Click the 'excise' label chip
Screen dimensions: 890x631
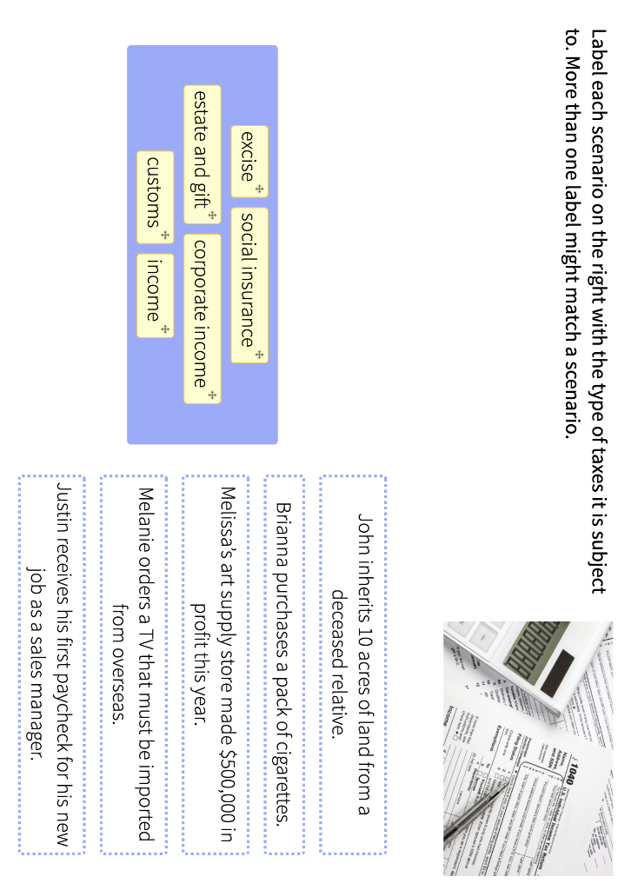pyautogui.click(x=249, y=161)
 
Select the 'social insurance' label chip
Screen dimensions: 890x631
pyautogui.click(x=249, y=283)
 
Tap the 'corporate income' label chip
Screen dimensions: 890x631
pyautogui.click(x=202, y=316)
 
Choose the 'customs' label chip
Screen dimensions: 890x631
pyautogui.click(x=155, y=196)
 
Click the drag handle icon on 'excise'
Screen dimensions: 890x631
pyautogui.click(x=259, y=189)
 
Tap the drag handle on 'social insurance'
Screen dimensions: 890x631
pyautogui.click(x=259, y=355)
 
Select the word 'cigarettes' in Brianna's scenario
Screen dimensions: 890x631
pyautogui.click(x=283, y=770)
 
